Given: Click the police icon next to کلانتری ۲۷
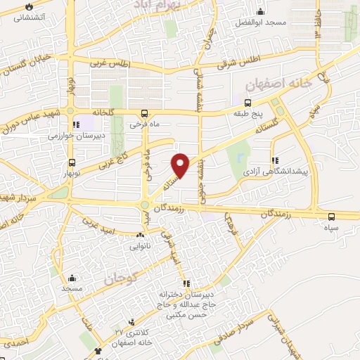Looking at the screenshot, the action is click(x=98, y=350).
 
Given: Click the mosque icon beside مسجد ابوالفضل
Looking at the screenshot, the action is click(x=261, y=11).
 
